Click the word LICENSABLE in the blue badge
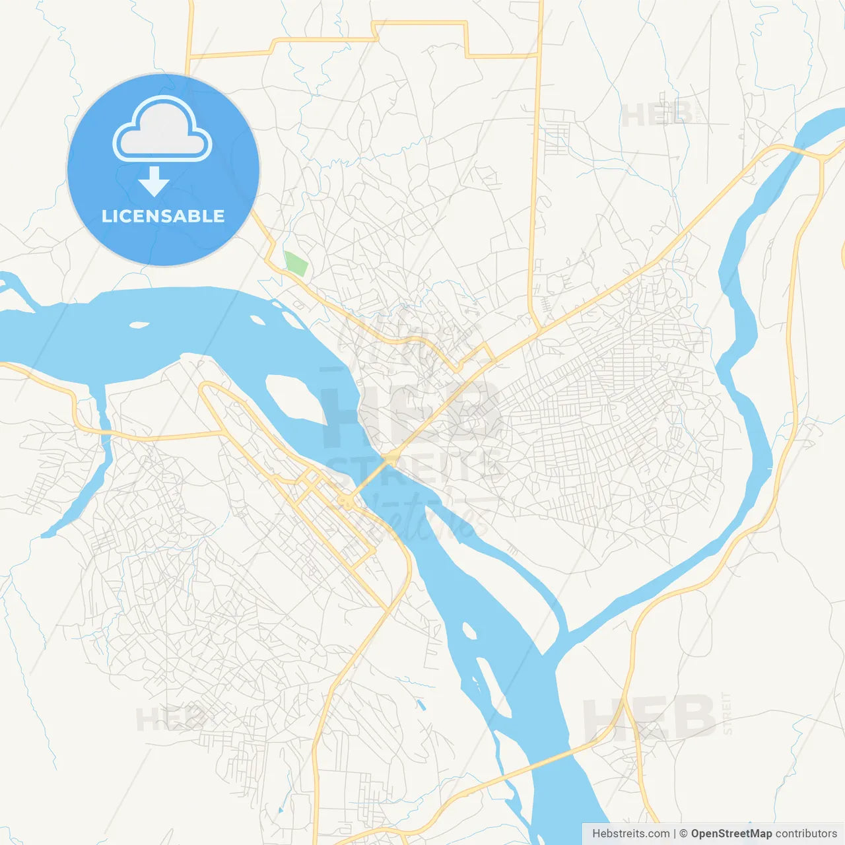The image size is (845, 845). coord(163,216)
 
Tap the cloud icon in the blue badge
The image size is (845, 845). coord(162,130)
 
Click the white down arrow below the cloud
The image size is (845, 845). coord(154,181)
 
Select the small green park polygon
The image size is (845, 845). coord(296,263)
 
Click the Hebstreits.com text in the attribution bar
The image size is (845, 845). coord(630,834)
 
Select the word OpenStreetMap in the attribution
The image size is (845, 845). coord(731,834)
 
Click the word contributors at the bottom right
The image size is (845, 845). coord(806,834)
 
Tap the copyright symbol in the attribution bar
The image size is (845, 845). coord(683,834)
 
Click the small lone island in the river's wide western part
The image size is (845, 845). coord(139,325)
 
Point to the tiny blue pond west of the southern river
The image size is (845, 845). coord(421,705)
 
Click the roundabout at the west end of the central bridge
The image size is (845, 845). coord(345,503)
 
